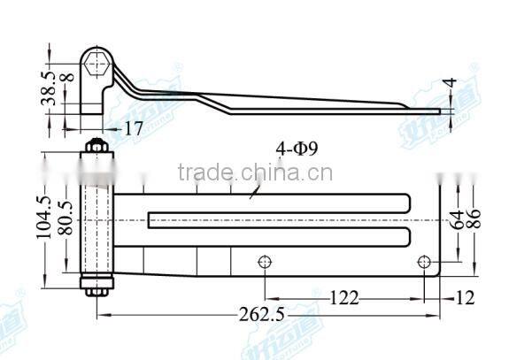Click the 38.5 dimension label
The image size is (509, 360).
coord(51,89)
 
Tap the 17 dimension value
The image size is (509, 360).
coord(133,128)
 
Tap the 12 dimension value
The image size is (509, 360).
coord(465,297)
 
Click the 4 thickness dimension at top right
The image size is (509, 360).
coord(451,85)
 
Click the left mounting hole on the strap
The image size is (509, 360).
coord(263,262)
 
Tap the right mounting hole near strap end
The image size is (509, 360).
coord(423,262)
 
